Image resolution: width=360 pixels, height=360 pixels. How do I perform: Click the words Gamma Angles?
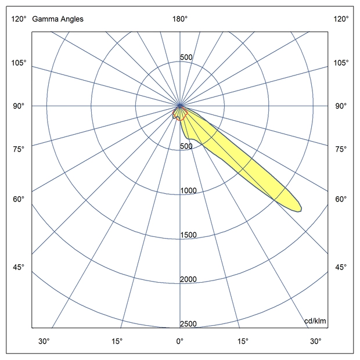point(57,19)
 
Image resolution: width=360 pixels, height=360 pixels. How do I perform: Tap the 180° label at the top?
point(180,19)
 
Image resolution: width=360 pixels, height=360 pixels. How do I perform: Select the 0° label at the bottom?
point(180,341)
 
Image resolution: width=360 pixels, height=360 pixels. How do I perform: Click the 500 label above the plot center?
point(186,57)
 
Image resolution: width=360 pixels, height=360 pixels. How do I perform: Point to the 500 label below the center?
point(186,146)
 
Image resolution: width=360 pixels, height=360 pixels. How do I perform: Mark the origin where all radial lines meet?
point(180,106)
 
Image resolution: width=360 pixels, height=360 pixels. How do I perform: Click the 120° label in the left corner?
point(19,19)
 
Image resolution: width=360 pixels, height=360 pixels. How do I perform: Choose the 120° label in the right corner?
point(341,19)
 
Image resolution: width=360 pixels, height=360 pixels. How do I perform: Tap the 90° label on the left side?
point(19,106)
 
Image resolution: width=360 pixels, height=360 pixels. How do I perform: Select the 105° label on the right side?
point(341,63)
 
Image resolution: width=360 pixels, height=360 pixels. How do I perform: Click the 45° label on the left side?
point(19,267)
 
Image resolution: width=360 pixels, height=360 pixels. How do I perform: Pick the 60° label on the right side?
point(341,200)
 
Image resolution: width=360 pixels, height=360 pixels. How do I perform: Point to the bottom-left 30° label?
point(44,341)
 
